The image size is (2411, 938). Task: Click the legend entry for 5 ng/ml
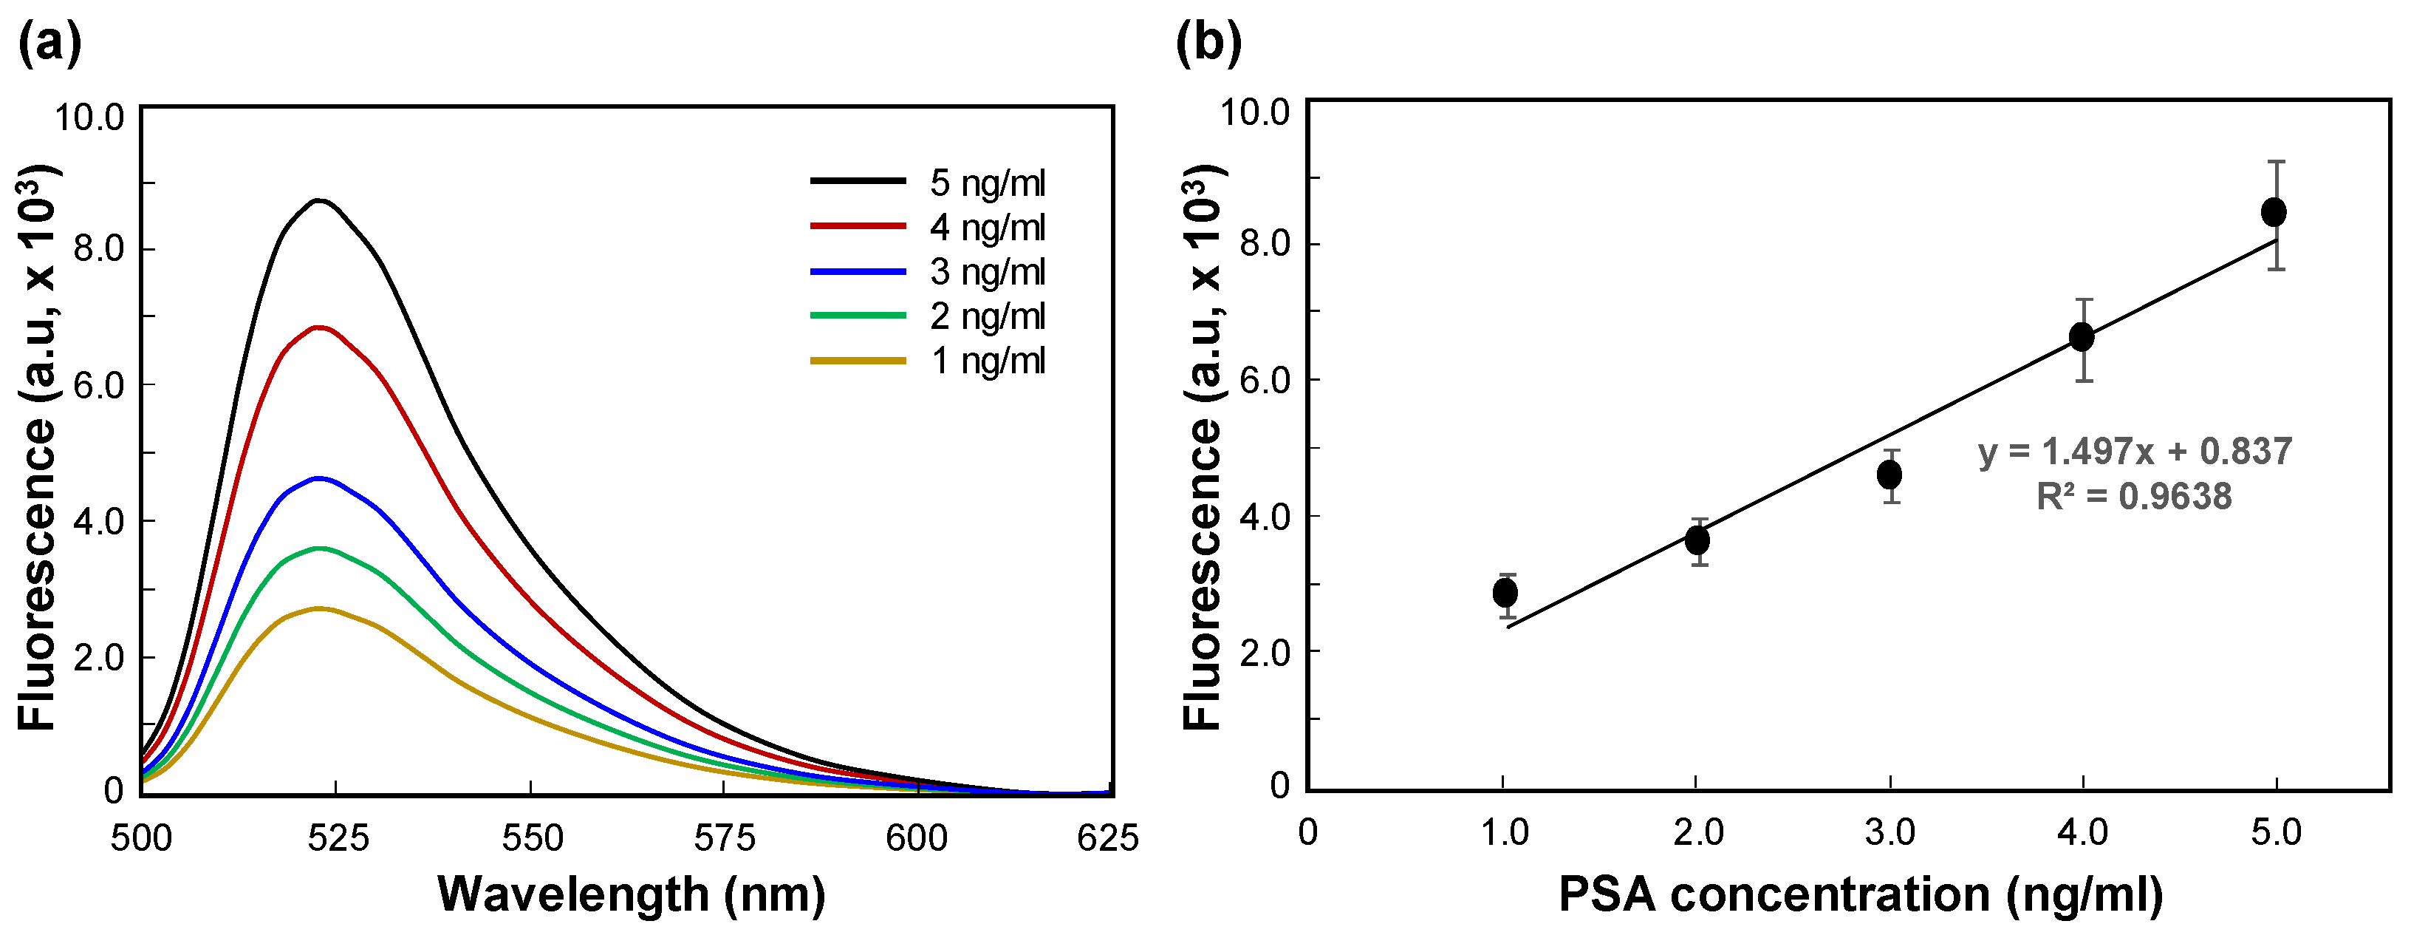(987, 183)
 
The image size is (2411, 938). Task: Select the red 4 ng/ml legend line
(858, 225)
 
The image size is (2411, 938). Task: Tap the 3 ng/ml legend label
(987, 271)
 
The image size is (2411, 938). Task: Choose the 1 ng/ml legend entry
(987, 361)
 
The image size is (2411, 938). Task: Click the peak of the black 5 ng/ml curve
(319, 200)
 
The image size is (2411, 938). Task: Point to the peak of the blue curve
(319, 478)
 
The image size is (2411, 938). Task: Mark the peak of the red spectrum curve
(319, 327)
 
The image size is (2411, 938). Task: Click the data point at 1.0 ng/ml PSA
(1505, 593)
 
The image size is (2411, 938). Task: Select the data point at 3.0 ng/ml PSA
(1890, 475)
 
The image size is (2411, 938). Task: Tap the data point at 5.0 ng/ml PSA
(2274, 212)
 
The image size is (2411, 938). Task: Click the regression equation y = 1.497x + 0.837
(2135, 451)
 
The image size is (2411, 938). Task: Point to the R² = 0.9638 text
(2134, 496)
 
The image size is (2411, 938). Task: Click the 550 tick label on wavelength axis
(532, 837)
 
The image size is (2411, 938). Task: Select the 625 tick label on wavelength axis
(1107, 837)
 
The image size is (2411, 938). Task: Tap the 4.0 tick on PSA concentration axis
(2082, 832)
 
